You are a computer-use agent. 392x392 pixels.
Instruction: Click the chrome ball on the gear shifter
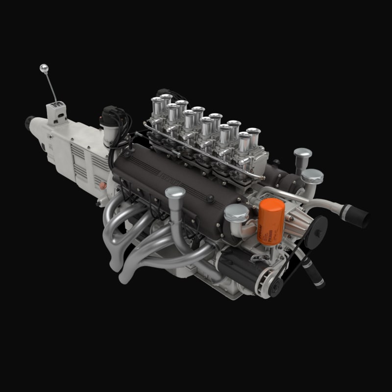tap(44, 68)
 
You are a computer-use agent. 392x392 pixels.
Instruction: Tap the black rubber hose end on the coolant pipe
tap(357, 216)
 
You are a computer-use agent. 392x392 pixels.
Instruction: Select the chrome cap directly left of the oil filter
tap(236, 213)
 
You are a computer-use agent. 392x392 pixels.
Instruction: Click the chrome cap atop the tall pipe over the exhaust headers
tap(175, 192)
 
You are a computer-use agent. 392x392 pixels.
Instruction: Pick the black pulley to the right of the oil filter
tap(316, 228)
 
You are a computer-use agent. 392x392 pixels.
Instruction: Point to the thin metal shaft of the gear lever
tap(50, 87)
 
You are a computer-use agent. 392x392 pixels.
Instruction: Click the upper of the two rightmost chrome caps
tap(303, 154)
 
